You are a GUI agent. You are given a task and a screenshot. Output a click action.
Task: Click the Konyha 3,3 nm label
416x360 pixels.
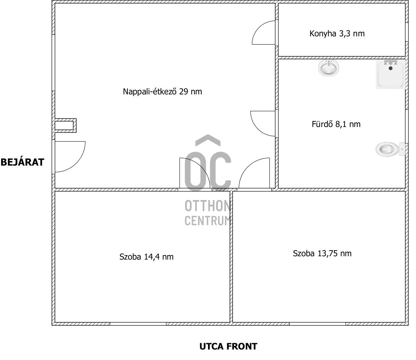click(x=337, y=34)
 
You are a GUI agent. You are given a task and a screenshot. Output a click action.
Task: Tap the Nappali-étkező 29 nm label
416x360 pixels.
click(x=162, y=91)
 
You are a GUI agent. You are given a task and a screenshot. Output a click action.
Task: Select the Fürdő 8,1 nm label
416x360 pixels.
click(x=336, y=124)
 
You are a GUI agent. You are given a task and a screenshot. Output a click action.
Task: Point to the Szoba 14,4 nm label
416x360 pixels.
click(x=147, y=257)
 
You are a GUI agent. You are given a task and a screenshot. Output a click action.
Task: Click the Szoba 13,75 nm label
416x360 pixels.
click(x=322, y=254)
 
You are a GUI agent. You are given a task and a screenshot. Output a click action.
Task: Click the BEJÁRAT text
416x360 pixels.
click(x=22, y=162)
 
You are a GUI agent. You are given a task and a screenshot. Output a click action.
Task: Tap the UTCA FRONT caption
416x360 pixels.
click(x=229, y=346)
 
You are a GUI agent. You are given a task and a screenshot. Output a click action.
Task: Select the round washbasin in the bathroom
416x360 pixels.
click(x=329, y=67)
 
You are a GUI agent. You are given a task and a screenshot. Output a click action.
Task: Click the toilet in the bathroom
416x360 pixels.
click(x=391, y=149)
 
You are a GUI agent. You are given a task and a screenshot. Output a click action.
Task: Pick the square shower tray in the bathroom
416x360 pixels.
click(x=391, y=74)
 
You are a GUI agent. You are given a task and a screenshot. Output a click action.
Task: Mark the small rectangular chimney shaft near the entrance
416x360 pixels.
click(x=65, y=125)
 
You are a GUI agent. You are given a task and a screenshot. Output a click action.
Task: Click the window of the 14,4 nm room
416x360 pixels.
click(x=138, y=324)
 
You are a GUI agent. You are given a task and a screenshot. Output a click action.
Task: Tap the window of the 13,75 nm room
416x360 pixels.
click(x=317, y=324)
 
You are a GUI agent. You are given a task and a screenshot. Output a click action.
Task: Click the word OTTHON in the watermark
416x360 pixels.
click(x=208, y=206)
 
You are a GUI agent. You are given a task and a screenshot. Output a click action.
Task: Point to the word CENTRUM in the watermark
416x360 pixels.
click(x=208, y=221)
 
